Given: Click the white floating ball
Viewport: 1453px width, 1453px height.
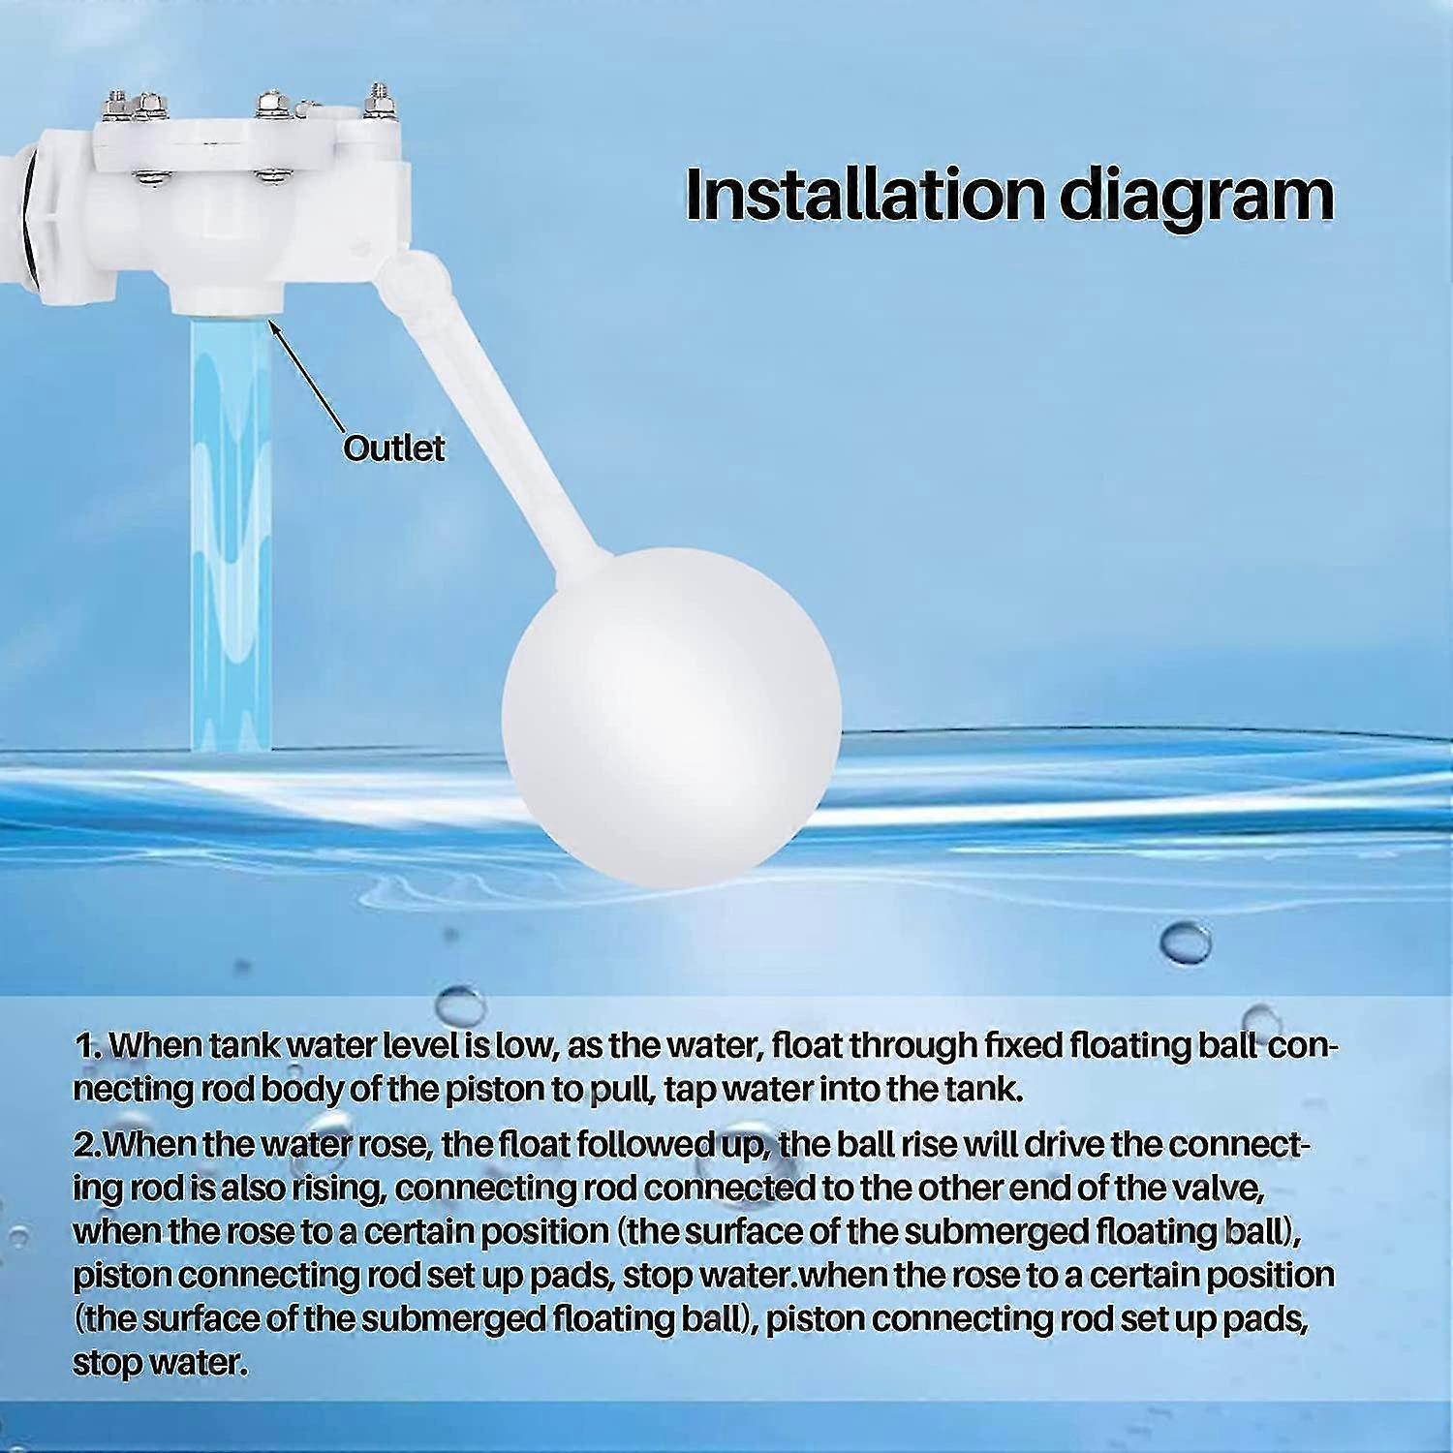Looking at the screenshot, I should pos(671,714).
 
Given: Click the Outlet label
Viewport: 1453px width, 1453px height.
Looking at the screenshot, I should pos(394,448).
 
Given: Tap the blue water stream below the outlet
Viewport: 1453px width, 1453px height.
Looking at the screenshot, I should pos(231,533).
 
